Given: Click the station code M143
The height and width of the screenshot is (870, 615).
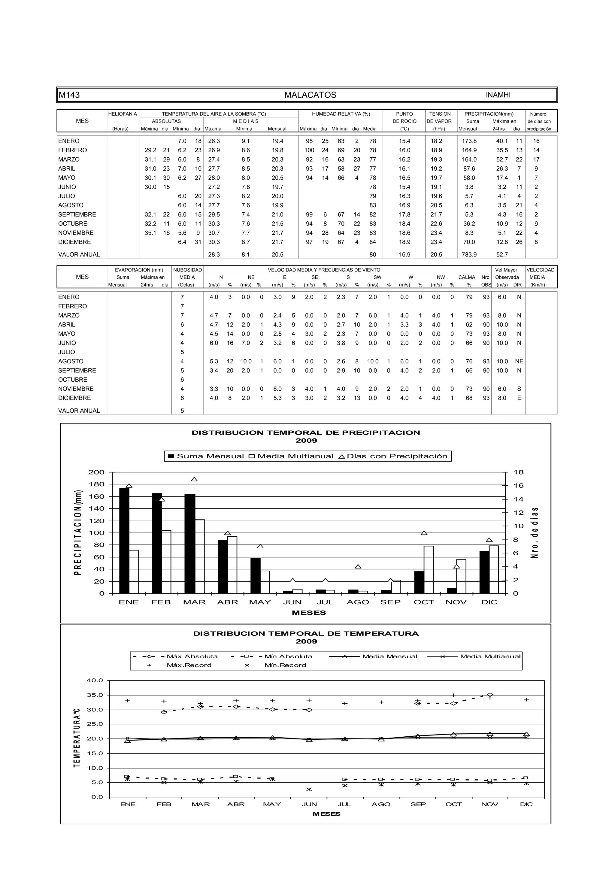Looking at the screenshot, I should point(69,95).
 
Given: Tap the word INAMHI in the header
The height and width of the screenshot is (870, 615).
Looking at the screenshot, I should point(498,95).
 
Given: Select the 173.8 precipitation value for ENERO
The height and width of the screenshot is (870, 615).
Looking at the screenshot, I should point(469,141).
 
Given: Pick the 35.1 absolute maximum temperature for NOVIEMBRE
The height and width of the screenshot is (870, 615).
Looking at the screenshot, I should point(150,233).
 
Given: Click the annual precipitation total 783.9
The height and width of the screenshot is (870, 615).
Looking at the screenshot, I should point(469,255).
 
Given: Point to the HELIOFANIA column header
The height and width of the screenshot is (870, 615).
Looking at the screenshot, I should point(123,114).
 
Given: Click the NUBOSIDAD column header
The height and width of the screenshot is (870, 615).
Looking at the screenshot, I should point(187,270).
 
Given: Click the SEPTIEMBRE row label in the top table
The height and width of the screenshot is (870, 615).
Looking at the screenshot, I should point(77,214).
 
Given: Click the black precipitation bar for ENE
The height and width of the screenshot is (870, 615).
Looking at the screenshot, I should point(124,541).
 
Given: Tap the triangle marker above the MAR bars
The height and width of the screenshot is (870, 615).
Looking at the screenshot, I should point(194,479).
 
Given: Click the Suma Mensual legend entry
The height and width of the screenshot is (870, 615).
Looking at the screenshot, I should point(206,456).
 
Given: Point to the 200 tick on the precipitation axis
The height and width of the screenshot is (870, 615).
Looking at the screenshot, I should point(96,472).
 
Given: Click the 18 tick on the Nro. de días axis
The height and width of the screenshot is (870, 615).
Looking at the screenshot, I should point(518,472).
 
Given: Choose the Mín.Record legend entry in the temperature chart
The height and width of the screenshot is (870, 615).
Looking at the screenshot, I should point(285,665).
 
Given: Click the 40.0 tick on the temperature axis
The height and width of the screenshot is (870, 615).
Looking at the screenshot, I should point(95,680).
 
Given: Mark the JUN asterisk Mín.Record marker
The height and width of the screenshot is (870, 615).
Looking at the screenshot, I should point(309,789).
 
